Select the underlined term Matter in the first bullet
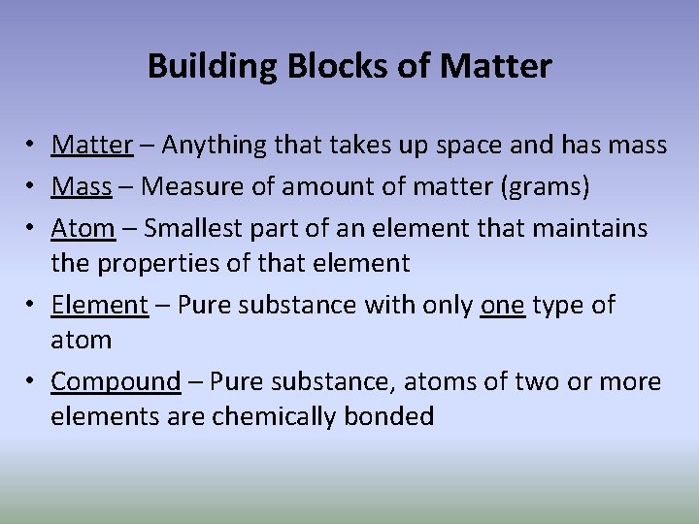91,146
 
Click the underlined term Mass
82,186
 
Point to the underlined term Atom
83,228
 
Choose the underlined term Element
99,305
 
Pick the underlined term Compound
116,381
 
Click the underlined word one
502,305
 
